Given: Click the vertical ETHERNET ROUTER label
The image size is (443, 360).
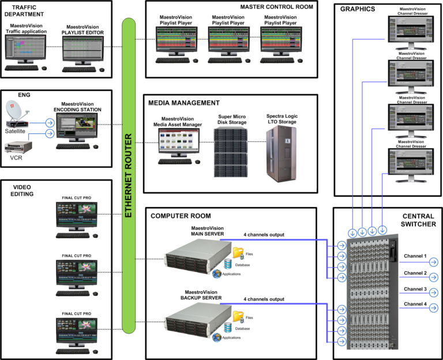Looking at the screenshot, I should (129, 176).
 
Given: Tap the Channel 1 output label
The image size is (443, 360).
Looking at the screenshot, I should (415, 256).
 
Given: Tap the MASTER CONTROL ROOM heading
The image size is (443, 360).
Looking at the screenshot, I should (277, 7).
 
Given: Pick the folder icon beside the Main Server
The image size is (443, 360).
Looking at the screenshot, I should (238, 252).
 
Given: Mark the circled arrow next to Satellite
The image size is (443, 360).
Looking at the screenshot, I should (50, 122).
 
